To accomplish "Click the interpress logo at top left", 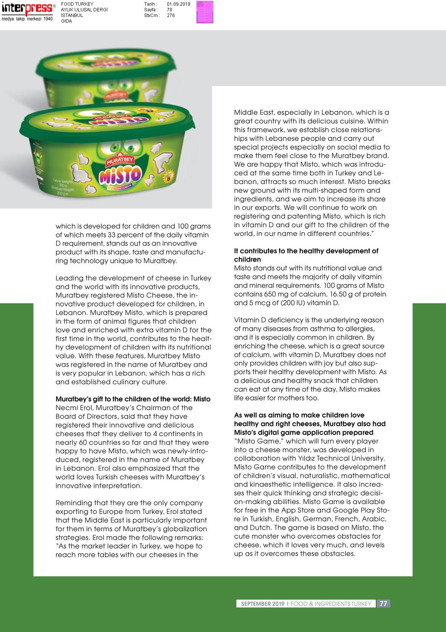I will click(x=27, y=9).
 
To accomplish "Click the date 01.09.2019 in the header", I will click(x=178, y=4).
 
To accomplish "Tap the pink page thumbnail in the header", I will click(x=205, y=12).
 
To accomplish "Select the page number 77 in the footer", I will click(x=383, y=603).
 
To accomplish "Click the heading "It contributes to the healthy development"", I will click(x=306, y=251).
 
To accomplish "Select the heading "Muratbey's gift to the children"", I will click(x=133, y=399).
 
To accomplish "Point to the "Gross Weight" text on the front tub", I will click(x=63, y=182).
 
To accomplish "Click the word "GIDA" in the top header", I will click(x=66, y=21).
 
